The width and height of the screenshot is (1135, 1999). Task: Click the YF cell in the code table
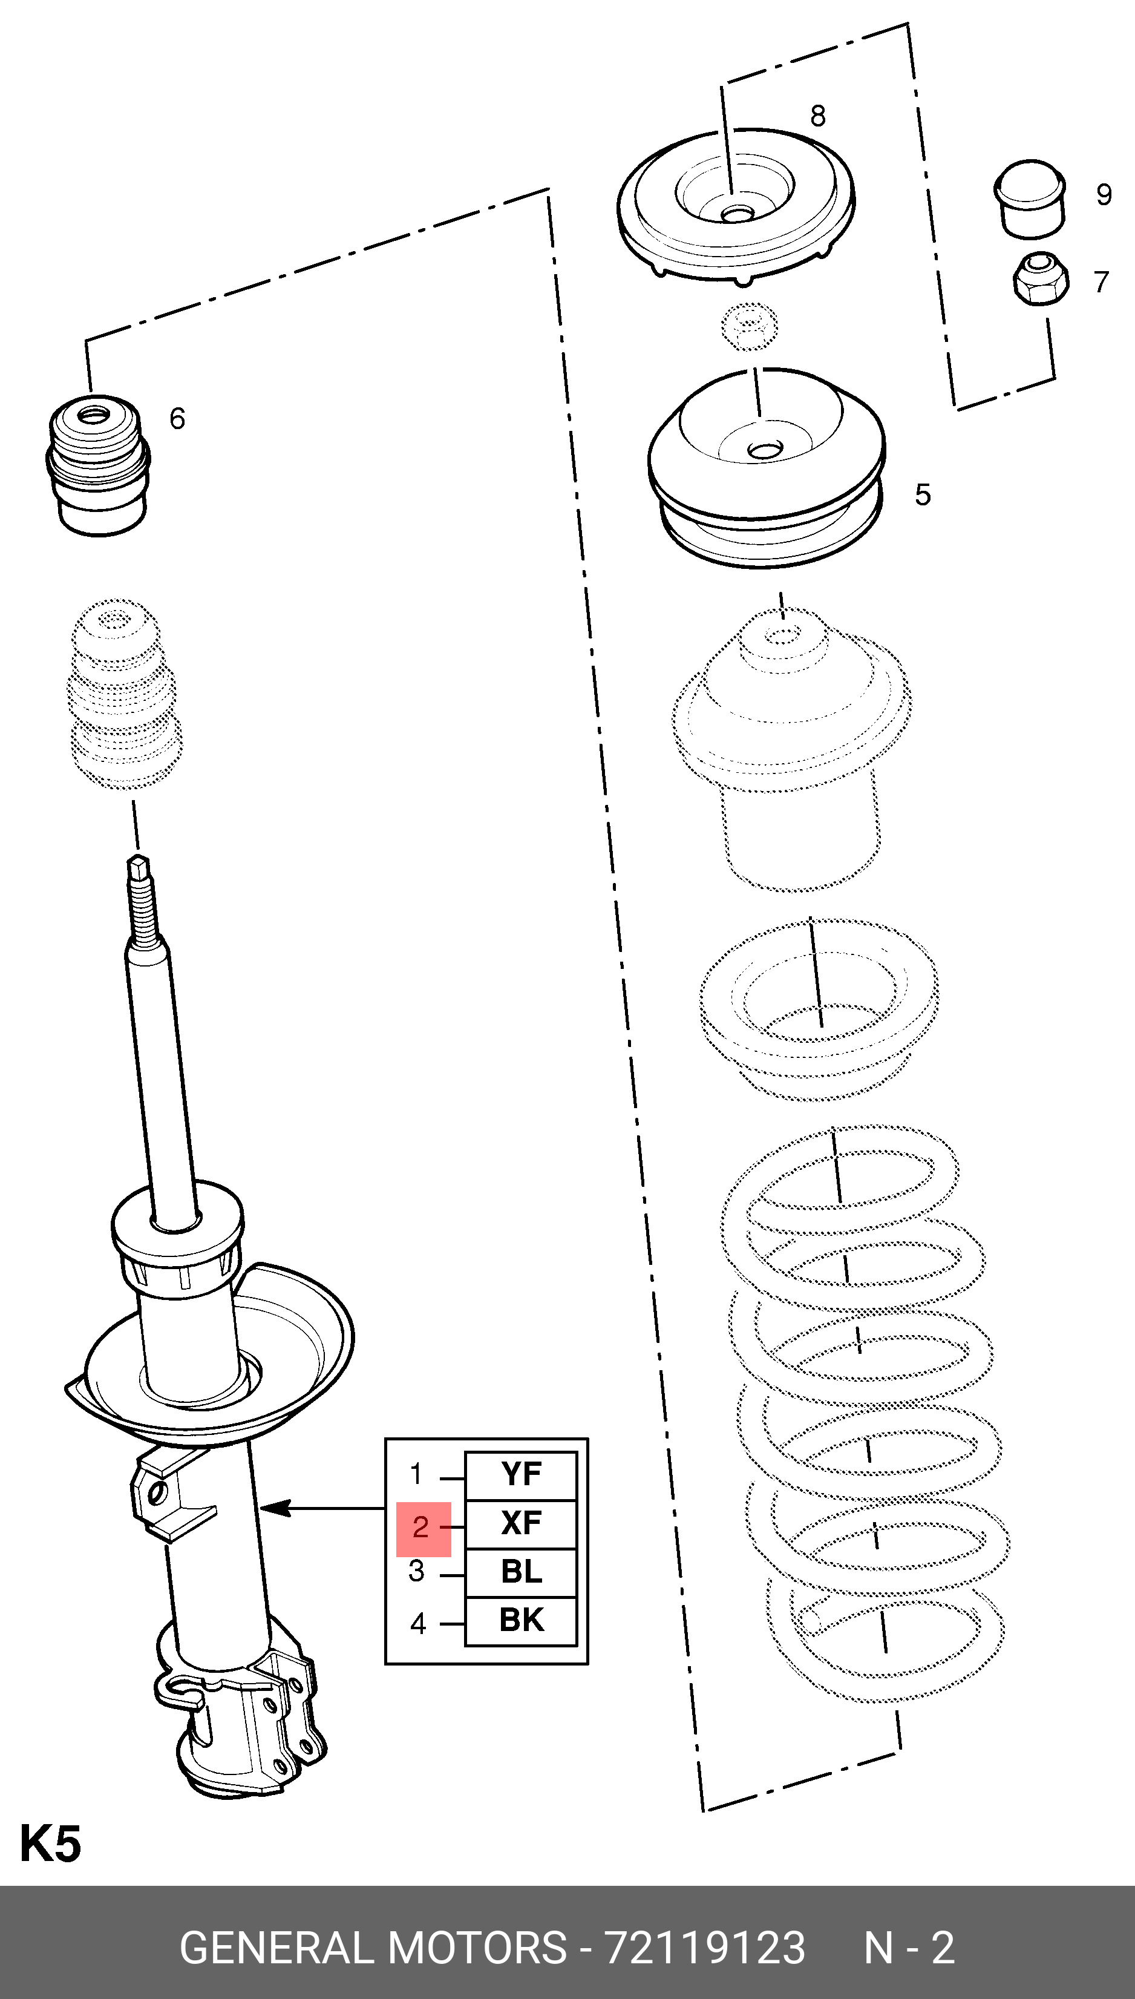(521, 1474)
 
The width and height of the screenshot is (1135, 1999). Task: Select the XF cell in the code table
(521, 1523)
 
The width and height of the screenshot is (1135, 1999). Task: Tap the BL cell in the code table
(521, 1571)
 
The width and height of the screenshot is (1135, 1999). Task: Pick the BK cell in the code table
(521, 1620)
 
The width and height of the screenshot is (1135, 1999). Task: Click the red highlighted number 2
(422, 1526)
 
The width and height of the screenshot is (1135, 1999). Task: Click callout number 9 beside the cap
(1104, 195)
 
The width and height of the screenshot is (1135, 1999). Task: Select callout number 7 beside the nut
(1101, 281)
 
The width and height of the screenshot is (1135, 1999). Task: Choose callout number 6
(178, 419)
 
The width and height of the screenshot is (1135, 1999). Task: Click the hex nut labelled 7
(1040, 278)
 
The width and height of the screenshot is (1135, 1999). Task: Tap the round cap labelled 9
(1030, 197)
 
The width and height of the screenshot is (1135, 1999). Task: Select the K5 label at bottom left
(50, 1845)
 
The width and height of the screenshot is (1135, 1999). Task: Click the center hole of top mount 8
(736, 213)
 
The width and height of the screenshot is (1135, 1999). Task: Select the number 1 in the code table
(417, 1474)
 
